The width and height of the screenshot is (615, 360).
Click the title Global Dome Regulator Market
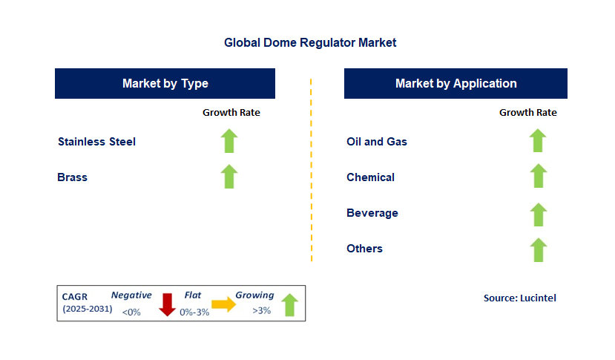310,43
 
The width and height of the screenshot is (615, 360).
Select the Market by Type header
165,84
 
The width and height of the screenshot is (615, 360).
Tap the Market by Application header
456,84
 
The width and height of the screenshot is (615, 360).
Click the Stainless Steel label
96,142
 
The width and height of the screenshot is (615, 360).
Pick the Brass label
72,177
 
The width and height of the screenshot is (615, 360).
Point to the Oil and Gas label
376,142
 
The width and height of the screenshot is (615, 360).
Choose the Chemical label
370,177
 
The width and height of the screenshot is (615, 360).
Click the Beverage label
372,213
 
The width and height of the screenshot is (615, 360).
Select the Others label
364,249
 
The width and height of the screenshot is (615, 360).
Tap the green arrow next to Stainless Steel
229,141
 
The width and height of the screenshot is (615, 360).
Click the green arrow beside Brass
229,177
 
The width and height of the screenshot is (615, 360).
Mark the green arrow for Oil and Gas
538,141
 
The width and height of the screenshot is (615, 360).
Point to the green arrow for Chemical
538,177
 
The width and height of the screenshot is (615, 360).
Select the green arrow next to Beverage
538,214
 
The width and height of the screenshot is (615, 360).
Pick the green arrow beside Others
538,249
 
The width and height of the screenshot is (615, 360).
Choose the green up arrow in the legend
289,304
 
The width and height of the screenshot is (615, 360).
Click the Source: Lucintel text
519,298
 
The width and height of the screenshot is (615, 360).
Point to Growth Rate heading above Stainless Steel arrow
231,113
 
